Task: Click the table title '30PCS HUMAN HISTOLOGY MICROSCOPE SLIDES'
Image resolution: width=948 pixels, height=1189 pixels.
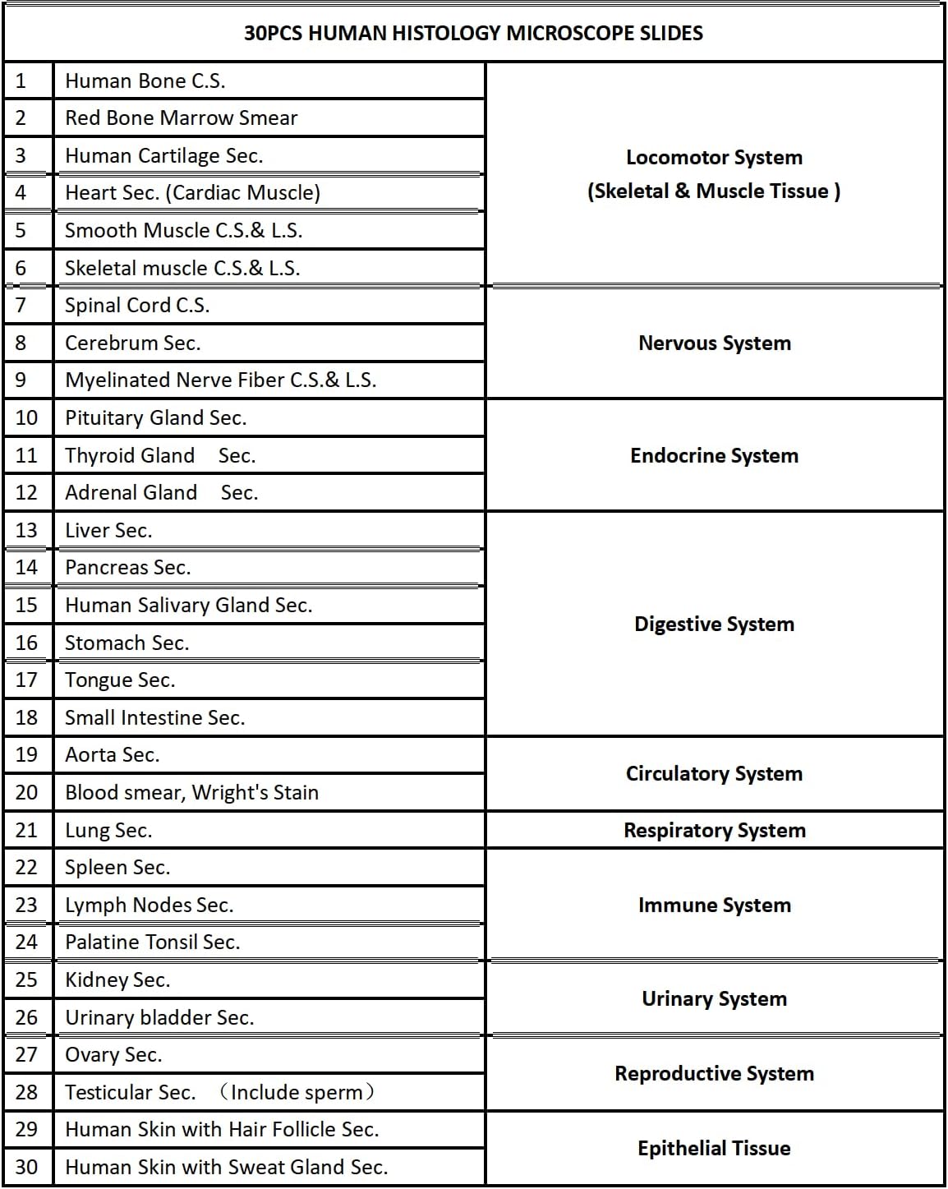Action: coord(473,34)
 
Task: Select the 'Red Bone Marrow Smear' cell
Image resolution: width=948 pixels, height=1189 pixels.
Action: coord(181,118)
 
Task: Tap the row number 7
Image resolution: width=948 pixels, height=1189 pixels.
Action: coord(21,306)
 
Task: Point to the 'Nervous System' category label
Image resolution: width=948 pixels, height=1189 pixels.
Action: coord(714,343)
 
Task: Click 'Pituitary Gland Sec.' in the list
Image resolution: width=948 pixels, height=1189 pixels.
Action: coord(155,418)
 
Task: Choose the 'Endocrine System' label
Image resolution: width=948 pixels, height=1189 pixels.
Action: coord(714,456)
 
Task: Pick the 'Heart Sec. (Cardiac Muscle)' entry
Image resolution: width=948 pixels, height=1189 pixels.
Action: coord(192,193)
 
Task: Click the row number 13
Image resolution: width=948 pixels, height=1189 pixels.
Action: coord(26,531)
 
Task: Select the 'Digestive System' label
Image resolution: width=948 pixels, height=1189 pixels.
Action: coord(714,624)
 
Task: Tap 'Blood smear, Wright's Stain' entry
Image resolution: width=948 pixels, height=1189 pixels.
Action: coord(191,793)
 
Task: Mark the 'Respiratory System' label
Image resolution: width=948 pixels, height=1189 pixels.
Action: coord(714,831)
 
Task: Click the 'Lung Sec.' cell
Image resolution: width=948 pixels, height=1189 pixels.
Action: coord(108,831)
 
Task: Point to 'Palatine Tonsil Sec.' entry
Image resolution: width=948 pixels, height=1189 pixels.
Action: coord(152,942)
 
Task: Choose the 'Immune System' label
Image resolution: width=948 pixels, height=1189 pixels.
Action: coord(714,906)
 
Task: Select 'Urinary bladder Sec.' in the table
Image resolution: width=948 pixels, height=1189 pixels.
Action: coord(159,1018)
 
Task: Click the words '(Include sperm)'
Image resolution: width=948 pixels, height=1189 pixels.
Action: coord(297,1093)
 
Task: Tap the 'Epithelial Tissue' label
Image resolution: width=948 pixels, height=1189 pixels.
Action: coord(714,1149)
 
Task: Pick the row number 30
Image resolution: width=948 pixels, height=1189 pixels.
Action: coord(26,1168)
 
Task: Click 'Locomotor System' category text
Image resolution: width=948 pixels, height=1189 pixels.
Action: coord(714,158)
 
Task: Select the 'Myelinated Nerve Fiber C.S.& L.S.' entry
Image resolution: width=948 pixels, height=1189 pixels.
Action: coord(220,380)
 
